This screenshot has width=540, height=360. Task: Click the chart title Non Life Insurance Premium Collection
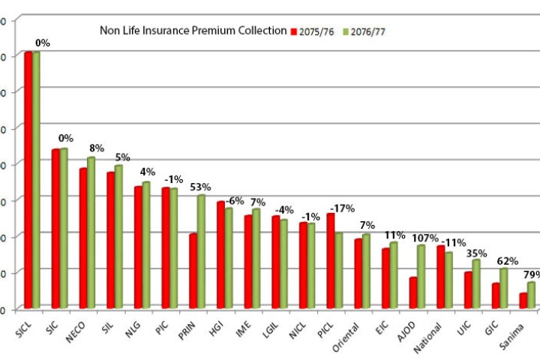(193, 31)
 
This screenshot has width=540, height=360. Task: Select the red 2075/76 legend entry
(313, 31)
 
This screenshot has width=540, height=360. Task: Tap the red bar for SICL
(28, 180)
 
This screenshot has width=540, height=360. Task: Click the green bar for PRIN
(201, 251)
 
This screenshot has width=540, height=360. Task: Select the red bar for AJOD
(413, 292)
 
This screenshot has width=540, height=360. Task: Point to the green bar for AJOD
(421, 276)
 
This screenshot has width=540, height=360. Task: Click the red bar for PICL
(331, 260)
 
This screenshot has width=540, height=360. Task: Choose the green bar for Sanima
(532, 295)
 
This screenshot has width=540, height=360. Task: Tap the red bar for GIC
(496, 295)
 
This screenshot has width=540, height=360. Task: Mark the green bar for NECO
(91, 232)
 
